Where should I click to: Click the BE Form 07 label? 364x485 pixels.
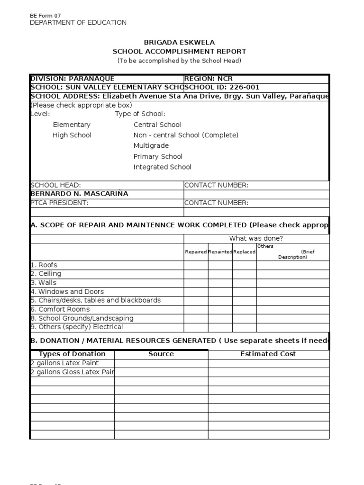tap(45, 16)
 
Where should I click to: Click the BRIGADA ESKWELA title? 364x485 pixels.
tap(179, 42)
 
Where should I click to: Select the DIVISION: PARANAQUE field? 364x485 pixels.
tap(72, 79)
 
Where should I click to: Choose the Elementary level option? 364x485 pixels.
tap(72, 125)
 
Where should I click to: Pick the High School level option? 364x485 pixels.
tap(72, 135)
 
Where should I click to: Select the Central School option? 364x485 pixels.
tap(157, 125)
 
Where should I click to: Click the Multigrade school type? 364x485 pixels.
tap(151, 146)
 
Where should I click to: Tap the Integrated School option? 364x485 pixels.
tap(162, 167)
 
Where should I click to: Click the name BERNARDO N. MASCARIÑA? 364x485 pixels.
tap(79, 194)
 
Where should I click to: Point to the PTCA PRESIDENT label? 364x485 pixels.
tap(59, 203)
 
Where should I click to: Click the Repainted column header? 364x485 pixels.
tap(220, 252)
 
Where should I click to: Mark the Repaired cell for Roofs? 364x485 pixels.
tap(196, 265)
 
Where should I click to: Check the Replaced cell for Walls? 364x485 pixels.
tap(244, 283)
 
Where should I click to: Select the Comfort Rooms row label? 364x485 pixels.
tap(60, 309)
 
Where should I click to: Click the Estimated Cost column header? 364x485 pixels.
tap(268, 354)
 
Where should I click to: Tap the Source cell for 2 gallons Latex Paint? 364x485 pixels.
tap(161, 363)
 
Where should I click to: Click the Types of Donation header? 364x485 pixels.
tap(72, 354)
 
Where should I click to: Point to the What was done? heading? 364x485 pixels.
tap(256, 238)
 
